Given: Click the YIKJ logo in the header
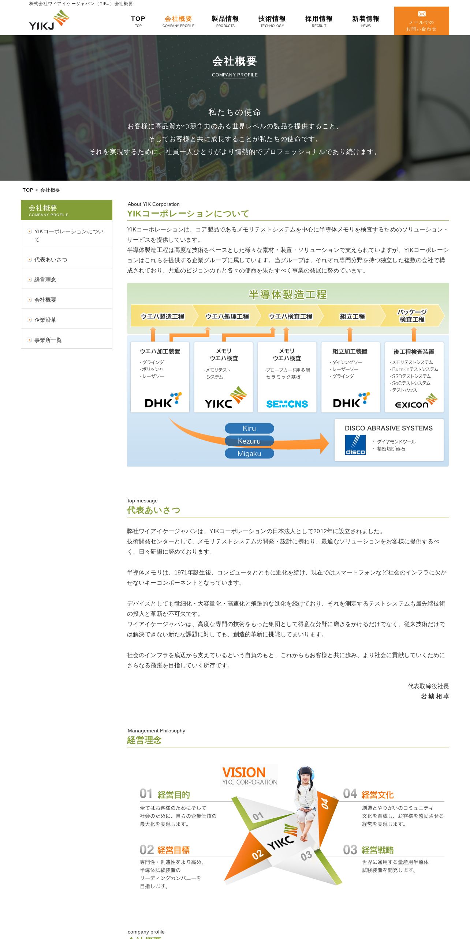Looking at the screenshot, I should [x=49, y=20].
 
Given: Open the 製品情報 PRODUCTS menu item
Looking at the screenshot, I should [x=225, y=21].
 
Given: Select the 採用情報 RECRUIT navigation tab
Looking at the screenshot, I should [x=319, y=21].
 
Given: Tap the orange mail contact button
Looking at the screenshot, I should [x=421, y=21].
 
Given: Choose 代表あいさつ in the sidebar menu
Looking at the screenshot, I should [x=51, y=260].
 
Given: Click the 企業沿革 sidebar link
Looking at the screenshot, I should [x=45, y=320].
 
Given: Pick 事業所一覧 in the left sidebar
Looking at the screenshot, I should [x=48, y=340].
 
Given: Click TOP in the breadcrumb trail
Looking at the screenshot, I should [x=28, y=190].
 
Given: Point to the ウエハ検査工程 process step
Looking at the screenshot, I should [x=291, y=316].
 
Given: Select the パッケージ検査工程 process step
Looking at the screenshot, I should [x=412, y=316].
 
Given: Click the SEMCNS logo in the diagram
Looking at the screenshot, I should [x=287, y=404].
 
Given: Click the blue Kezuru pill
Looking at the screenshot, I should [x=249, y=441].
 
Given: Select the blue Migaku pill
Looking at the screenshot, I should [x=249, y=453].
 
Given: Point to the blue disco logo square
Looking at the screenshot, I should [x=355, y=445].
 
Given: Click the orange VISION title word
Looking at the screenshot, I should [x=244, y=772].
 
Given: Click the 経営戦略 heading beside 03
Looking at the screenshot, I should [x=377, y=850].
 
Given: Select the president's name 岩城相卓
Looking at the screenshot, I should [x=434, y=696].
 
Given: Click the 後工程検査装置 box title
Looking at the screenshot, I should [x=414, y=352].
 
